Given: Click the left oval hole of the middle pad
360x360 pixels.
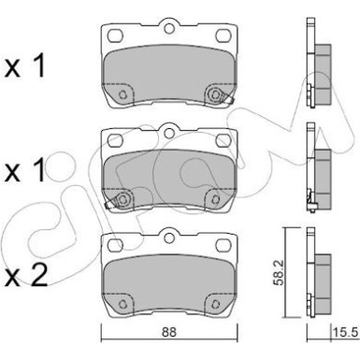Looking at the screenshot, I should click(117, 140).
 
